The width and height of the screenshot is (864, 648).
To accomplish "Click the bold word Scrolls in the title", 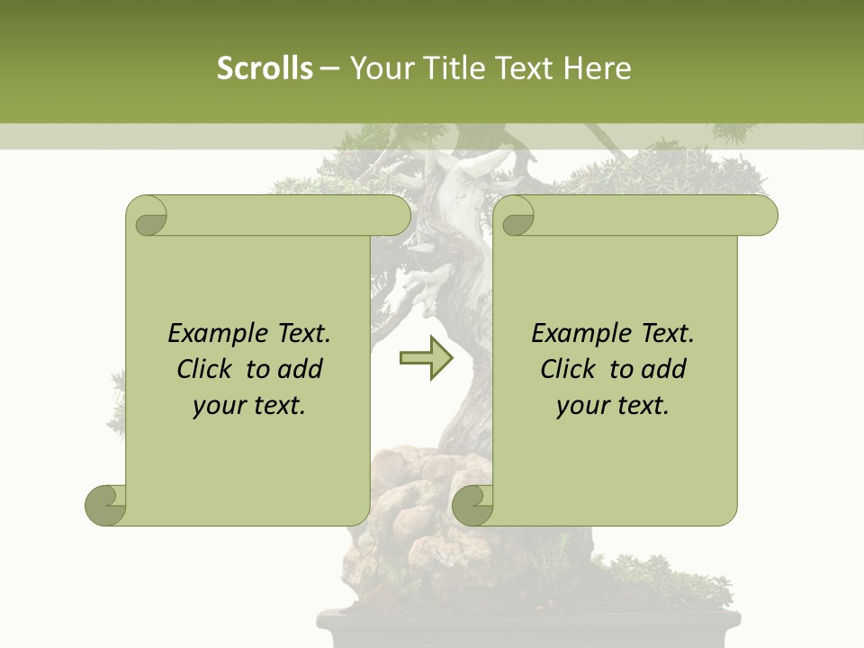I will coord(265,68).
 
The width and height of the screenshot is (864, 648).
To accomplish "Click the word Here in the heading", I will coord(597,68).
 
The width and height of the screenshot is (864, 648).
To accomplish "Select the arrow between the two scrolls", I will coord(427,357).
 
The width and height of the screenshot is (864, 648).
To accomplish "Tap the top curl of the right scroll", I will coord(517,216).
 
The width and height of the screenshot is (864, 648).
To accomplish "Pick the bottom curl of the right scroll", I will coord(473,505).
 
